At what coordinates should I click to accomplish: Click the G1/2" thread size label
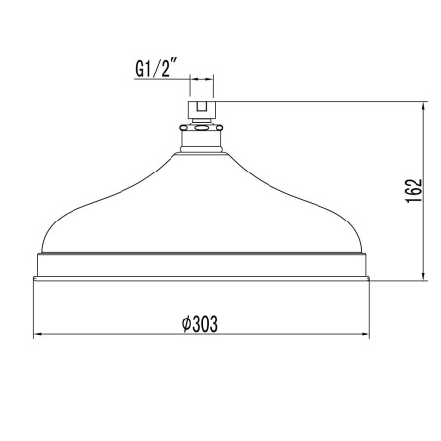(155, 68)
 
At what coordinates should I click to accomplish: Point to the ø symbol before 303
(186, 324)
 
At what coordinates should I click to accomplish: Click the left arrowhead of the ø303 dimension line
(38, 335)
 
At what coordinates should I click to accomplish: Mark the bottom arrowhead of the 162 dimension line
(423, 275)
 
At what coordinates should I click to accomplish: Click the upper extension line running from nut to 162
(323, 98)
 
